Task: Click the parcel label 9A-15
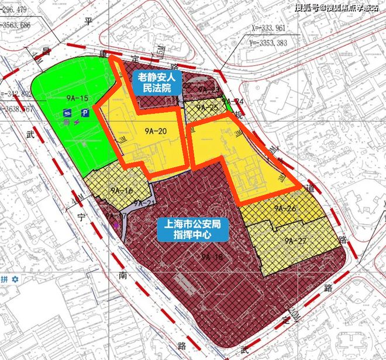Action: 78,98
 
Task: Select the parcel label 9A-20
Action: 154,131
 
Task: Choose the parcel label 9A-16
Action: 121,191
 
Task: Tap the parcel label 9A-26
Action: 285,208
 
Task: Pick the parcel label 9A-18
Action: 212,257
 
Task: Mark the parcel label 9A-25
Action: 206,108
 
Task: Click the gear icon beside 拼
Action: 15,279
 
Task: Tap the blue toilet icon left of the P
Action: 68,113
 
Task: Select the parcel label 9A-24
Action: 236,101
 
